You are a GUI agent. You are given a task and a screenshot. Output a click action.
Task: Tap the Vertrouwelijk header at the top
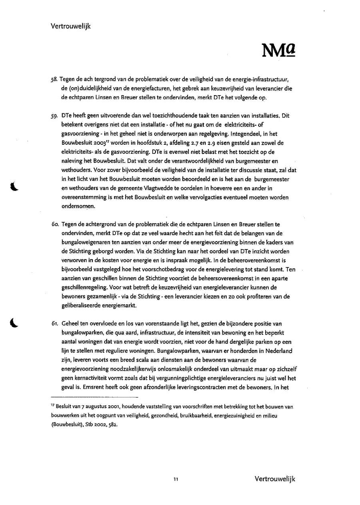coord(71,26)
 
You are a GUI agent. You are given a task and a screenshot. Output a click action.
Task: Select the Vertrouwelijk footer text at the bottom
coord(274,479)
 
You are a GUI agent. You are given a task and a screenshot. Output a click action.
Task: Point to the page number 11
coord(176,479)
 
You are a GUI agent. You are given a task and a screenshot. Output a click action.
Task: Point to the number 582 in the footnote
coord(113,425)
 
